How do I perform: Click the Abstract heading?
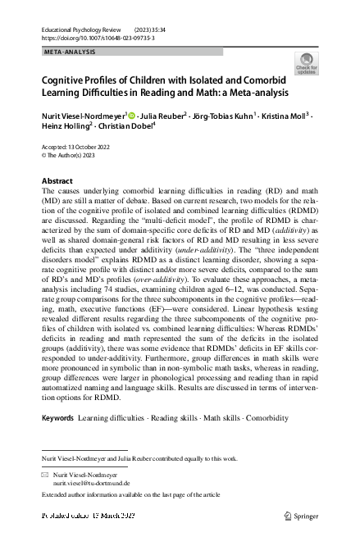[58, 180]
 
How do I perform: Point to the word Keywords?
[58, 418]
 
